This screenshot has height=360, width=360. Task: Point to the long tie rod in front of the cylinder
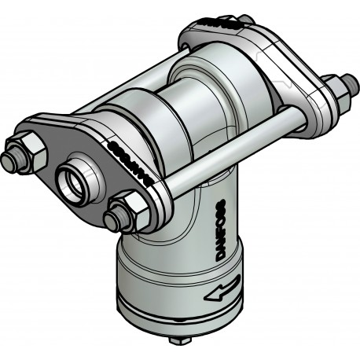[x=236, y=154]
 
